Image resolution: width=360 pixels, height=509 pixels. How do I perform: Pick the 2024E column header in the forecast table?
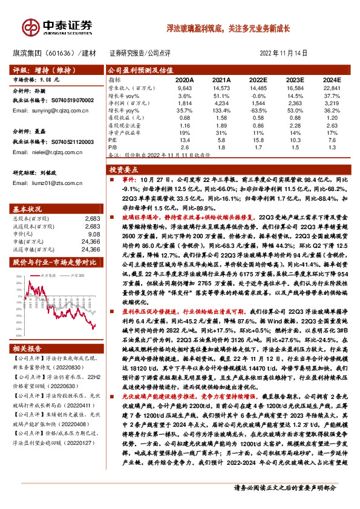click(332, 80)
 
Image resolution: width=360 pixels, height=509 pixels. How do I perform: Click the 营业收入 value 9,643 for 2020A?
click(185, 88)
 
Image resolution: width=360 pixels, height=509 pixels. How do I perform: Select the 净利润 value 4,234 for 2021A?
click(222, 103)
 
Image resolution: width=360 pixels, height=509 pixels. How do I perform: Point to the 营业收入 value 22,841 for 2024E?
click(332, 88)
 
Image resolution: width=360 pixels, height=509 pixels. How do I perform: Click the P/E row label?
click(113, 140)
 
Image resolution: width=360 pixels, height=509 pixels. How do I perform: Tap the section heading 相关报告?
click(28, 350)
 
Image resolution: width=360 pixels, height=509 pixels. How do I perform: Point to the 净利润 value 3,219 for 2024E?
click(332, 103)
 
